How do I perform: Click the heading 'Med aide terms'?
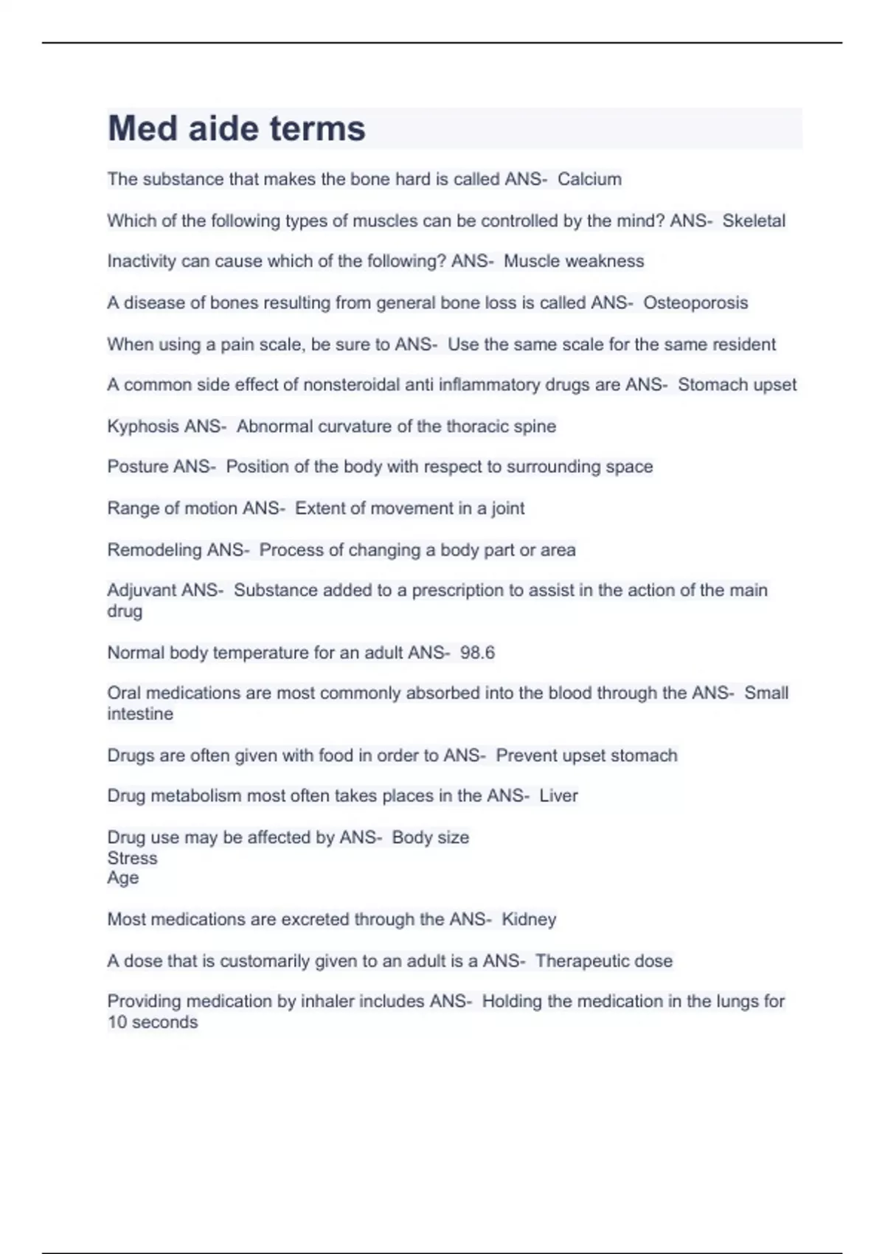click(237, 128)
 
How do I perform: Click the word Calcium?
click(589, 179)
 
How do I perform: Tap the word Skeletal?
click(754, 221)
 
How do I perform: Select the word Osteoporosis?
click(695, 302)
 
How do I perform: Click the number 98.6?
click(477, 653)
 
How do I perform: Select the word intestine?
click(140, 714)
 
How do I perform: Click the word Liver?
click(558, 796)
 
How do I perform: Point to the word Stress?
click(132, 858)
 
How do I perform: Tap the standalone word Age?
click(122, 878)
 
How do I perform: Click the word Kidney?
click(529, 919)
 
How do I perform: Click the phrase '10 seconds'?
click(153, 1022)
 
